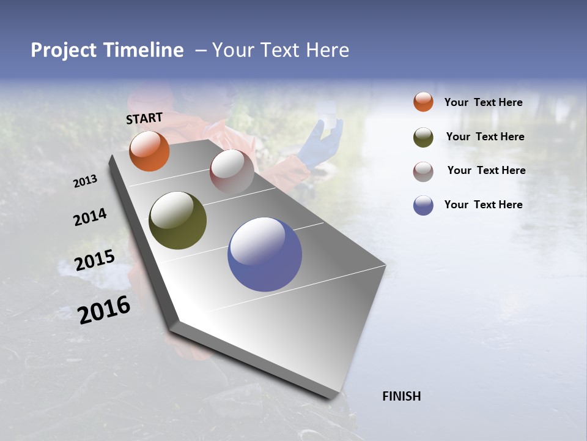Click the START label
point(144,118)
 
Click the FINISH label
point(402,396)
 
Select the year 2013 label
point(85,181)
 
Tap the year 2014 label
point(90,217)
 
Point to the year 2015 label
point(95,260)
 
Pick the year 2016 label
point(104,310)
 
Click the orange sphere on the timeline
point(149,151)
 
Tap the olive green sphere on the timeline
point(177,221)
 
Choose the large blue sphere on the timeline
point(265,254)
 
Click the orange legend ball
point(423,102)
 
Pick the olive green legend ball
point(423,137)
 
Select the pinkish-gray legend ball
point(423,171)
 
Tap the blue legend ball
point(423,205)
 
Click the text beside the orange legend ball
point(483,102)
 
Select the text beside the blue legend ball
point(483,205)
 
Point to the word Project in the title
point(64,50)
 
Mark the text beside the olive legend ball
point(485,137)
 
